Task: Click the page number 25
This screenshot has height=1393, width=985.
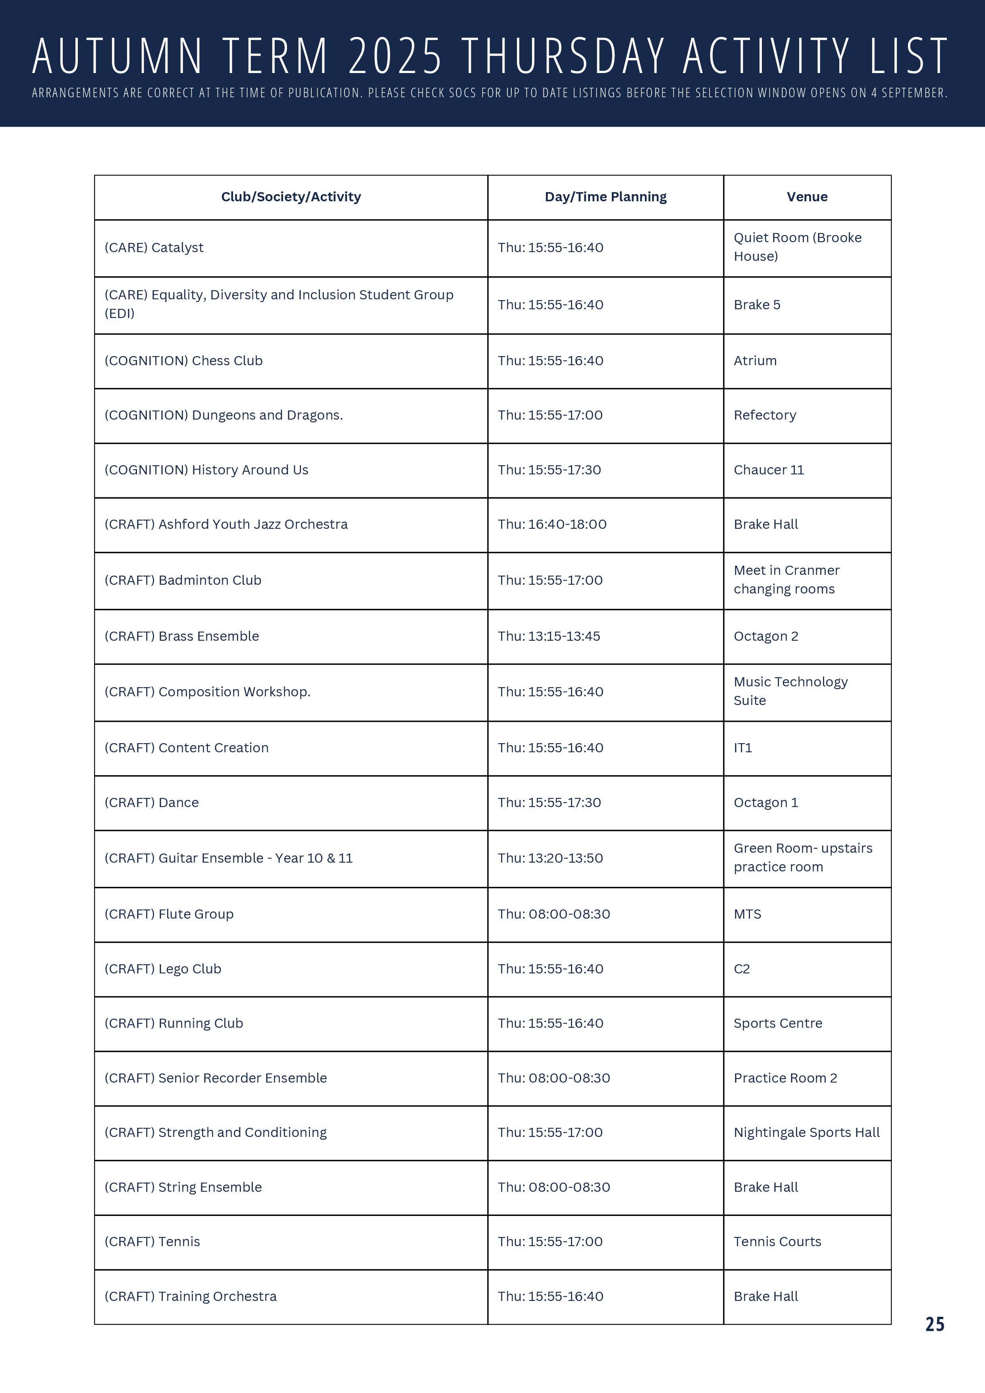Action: coord(935,1324)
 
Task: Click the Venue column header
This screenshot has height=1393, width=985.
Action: coord(807,197)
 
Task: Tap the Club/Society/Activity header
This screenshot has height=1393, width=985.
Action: coord(291,197)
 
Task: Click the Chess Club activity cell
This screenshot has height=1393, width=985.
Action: coord(183,361)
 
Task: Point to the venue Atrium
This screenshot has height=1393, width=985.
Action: coord(755,361)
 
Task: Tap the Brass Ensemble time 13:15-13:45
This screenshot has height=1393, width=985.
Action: coord(549,636)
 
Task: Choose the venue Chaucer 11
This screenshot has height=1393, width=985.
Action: coord(768,470)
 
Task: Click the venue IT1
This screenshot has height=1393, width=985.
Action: coord(743,748)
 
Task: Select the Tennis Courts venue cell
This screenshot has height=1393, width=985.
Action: coord(777,1242)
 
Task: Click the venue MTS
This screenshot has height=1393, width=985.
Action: coord(747,914)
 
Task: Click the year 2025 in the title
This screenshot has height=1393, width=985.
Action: coord(395,56)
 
